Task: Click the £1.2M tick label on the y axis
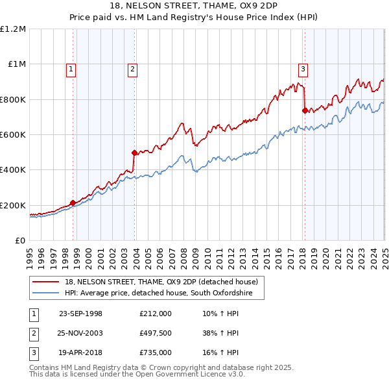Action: (x=13, y=29)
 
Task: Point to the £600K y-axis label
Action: (x=13, y=135)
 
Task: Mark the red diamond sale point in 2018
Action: (x=305, y=111)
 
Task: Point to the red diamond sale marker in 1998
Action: (x=73, y=203)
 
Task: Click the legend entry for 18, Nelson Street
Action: (x=161, y=282)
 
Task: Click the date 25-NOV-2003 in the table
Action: (x=81, y=333)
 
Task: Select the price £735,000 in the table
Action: (x=156, y=352)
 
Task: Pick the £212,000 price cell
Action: (x=156, y=314)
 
